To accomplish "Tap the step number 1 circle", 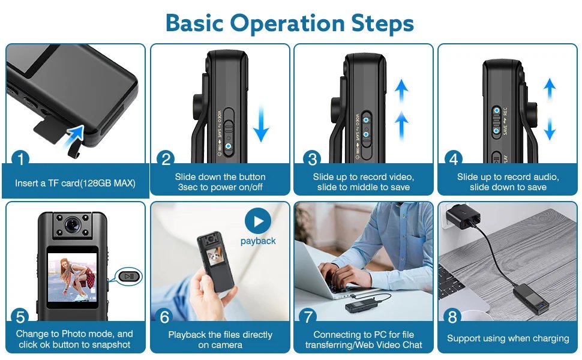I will [x=21, y=160].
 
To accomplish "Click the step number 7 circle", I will [x=310, y=316].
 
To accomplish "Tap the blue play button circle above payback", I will [x=257, y=222].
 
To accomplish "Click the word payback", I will [x=258, y=241].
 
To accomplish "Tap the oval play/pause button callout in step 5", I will [x=129, y=277].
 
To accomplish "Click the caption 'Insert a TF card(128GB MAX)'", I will [x=75, y=183].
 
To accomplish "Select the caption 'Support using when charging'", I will [x=508, y=338].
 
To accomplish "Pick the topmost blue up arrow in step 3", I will [x=402, y=91].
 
